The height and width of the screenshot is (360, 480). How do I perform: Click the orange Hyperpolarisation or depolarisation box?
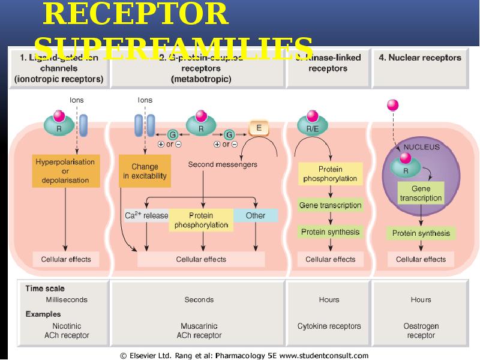click(x=65, y=171)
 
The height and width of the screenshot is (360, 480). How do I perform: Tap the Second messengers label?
click(x=223, y=164)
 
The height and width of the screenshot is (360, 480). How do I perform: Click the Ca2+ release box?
click(x=146, y=215)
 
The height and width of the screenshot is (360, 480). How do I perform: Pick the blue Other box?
click(x=256, y=215)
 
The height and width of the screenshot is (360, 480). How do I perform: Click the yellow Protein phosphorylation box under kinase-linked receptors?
click(x=330, y=174)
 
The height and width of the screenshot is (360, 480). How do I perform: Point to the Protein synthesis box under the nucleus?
click(x=421, y=233)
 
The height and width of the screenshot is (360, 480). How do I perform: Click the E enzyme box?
click(x=259, y=127)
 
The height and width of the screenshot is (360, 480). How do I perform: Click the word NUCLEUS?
click(x=421, y=146)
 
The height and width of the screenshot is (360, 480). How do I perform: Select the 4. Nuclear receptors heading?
click(x=420, y=58)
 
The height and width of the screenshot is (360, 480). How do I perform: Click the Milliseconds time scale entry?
click(x=67, y=299)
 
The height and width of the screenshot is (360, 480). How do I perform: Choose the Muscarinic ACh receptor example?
click(x=199, y=331)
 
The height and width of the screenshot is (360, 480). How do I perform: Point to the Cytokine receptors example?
click(x=329, y=326)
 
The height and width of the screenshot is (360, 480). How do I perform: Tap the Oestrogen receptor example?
click(x=421, y=331)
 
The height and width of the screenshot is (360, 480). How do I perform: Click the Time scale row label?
click(x=45, y=289)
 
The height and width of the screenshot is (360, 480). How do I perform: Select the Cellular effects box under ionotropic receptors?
click(x=65, y=259)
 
